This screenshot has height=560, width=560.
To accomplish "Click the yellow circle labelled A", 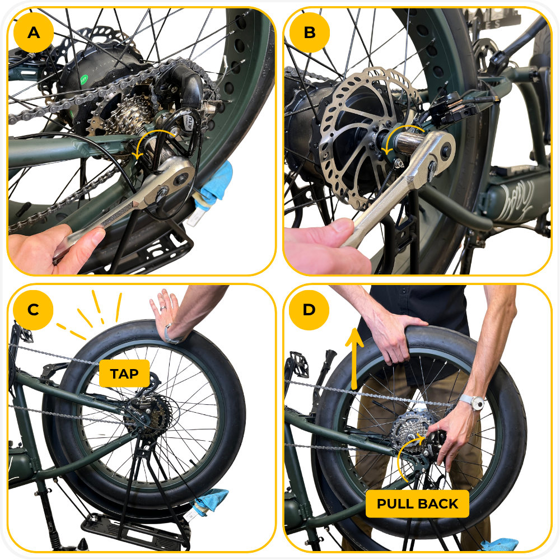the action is tap(34, 32).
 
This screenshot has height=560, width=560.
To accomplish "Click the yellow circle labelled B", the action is tap(309, 32).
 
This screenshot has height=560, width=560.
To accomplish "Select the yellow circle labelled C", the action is tap(33, 310).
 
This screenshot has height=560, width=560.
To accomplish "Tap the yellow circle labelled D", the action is tap(309, 310).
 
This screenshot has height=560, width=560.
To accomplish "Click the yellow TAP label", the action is tap(124, 374).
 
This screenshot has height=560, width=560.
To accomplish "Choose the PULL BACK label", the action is tap(418, 503).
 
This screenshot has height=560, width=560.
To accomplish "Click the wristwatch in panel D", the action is tap(474, 403).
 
